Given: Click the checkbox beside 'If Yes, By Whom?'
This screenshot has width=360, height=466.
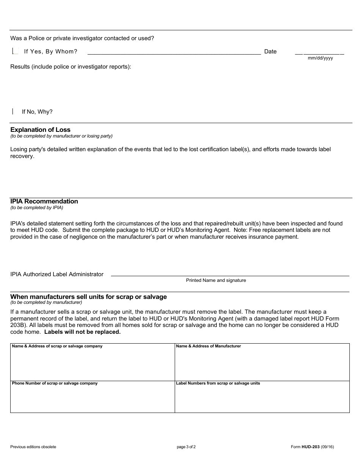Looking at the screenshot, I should coord(15,51).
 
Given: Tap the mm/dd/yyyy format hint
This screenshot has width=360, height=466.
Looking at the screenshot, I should coord(320,58).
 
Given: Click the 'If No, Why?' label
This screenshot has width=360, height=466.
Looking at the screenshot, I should coord(37,112).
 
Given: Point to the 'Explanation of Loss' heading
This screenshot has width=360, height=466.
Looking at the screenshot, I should coord(40,130).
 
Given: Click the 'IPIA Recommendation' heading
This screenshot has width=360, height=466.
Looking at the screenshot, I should coord(44,201).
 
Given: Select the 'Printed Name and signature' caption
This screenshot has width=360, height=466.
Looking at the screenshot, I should coord(216,280).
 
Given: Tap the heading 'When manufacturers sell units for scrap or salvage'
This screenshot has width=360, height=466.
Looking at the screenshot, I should coord(88,297).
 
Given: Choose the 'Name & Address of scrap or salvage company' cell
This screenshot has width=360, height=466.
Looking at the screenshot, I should coord(92,362).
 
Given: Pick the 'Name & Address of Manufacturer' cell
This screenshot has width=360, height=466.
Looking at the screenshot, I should coord(262,362).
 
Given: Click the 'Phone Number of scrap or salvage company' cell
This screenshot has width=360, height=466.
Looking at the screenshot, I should coord(92,397).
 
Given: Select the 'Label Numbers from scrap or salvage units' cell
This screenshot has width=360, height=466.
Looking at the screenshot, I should coord(262,397).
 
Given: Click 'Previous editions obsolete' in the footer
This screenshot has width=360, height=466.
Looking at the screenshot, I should coord(33,447).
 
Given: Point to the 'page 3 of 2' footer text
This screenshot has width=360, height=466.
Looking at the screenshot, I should coord(186,447).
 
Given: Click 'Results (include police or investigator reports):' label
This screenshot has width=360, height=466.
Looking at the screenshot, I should coord(70,67).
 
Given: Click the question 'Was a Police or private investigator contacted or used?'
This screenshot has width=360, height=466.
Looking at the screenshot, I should coord(82,38).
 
